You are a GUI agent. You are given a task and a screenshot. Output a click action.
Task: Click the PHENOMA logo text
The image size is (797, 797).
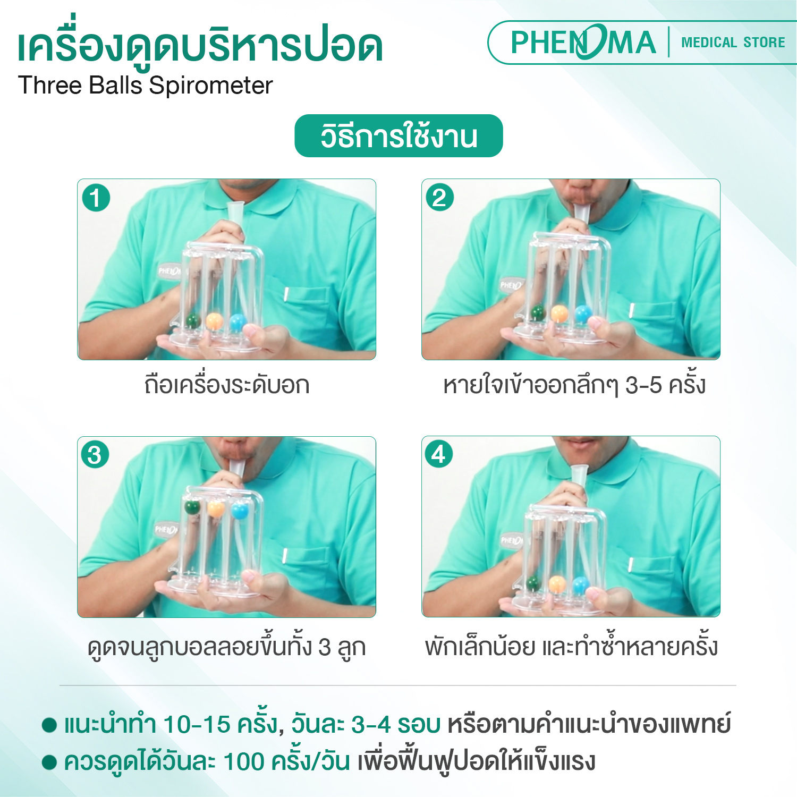coord(582,43)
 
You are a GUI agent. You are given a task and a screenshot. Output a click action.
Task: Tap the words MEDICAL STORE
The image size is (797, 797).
coord(733,43)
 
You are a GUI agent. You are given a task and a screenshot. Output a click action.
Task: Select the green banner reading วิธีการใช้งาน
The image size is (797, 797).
coord(398,136)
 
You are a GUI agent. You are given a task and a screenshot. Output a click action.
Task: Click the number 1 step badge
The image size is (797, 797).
coord(96,198)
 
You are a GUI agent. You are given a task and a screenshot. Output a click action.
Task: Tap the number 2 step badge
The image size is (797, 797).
coord(439,198)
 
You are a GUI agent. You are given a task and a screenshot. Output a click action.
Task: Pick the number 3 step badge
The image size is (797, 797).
coord(95,455)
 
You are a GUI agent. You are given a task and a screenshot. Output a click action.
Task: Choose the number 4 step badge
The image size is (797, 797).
coord(438,454)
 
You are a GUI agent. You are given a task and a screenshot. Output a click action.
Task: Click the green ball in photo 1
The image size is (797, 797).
coord(193,321)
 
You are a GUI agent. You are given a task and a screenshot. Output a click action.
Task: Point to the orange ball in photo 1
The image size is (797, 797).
coord(214,320)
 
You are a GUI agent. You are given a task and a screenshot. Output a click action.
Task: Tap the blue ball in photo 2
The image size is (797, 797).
coord(583,313)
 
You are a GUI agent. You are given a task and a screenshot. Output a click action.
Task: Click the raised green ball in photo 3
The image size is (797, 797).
coord(192,506)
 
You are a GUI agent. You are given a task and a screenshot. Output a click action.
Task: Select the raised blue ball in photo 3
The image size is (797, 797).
coord(240,511)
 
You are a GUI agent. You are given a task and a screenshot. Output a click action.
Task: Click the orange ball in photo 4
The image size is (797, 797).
coord(557,584)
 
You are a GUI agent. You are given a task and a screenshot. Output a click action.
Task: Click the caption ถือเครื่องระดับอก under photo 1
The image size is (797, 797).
coord(227,385)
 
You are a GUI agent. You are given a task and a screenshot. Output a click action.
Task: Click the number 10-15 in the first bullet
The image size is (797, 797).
coord(197,724)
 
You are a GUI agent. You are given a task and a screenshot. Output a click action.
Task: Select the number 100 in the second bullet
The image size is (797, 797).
coord(244,761)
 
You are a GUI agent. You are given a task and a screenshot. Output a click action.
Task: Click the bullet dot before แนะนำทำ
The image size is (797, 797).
coord(49,725)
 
